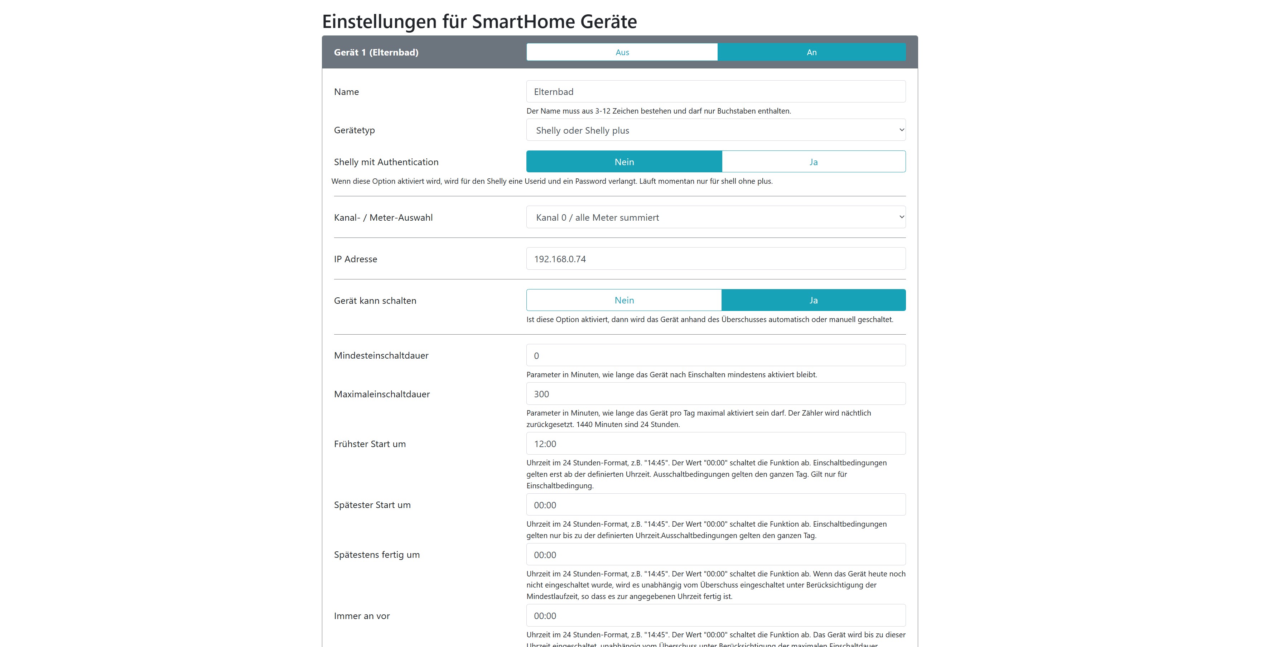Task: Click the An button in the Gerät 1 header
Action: [x=811, y=52]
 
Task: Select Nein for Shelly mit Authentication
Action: [x=624, y=162]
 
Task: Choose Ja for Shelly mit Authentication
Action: [x=813, y=162]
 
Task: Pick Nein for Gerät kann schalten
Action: [x=624, y=300]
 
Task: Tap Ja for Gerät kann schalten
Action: [x=813, y=300]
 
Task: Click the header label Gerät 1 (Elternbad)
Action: [x=376, y=52]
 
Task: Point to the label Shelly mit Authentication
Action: [x=386, y=162]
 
